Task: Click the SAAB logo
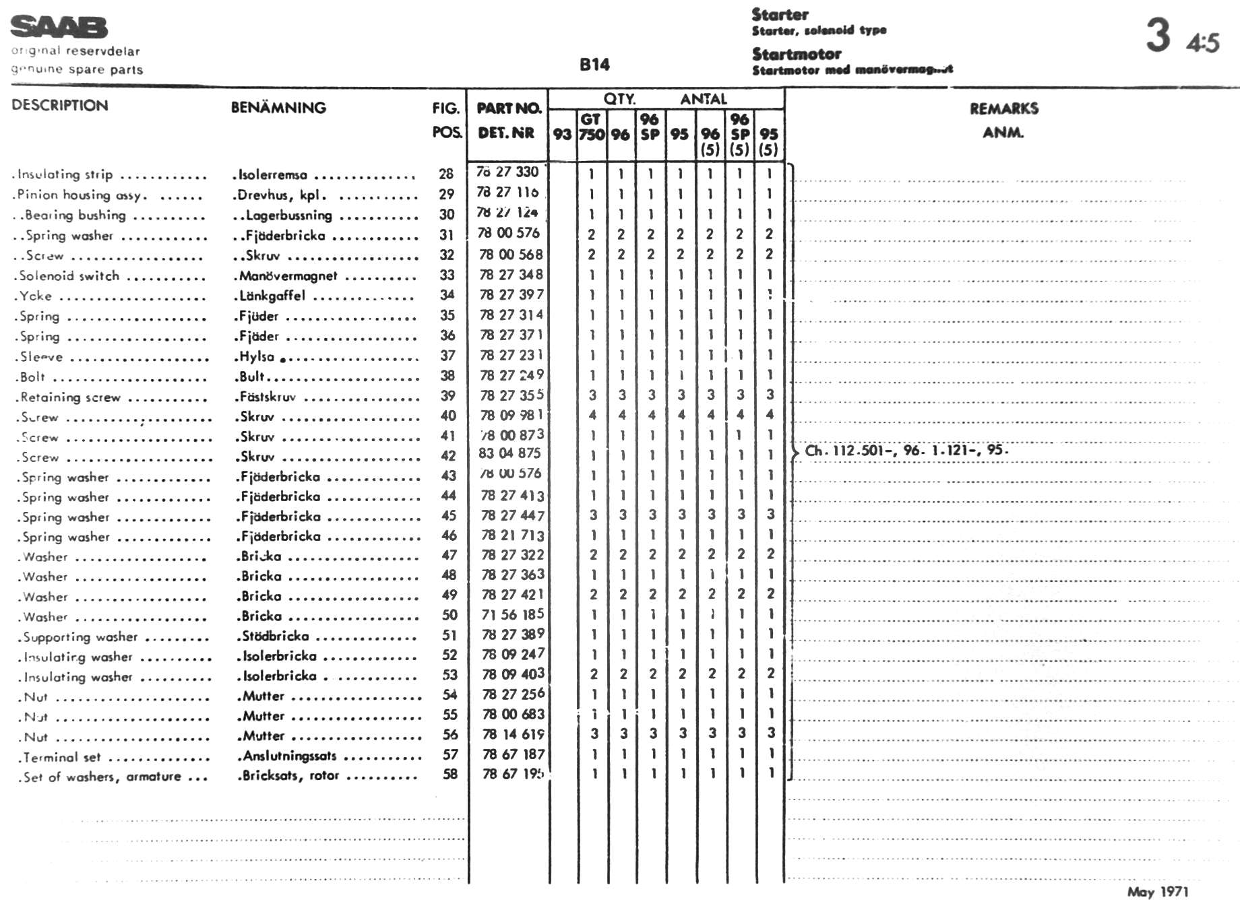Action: click(x=59, y=27)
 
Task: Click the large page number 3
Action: click(x=1158, y=35)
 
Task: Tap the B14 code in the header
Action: click(x=594, y=65)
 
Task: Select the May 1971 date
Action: click(x=1158, y=892)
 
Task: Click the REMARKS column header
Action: click(x=1003, y=108)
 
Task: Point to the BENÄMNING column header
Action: click(x=278, y=108)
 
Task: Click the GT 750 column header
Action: click(x=592, y=127)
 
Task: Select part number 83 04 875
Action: click(x=510, y=453)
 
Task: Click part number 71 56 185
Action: click(x=513, y=614)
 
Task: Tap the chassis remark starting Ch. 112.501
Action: click(x=906, y=451)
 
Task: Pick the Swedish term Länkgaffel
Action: click(x=272, y=296)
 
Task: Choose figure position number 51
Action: click(x=449, y=635)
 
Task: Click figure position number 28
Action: click(x=446, y=174)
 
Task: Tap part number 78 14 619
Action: click(x=514, y=734)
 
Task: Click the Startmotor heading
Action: click(x=797, y=54)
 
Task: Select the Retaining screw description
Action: click(x=70, y=397)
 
